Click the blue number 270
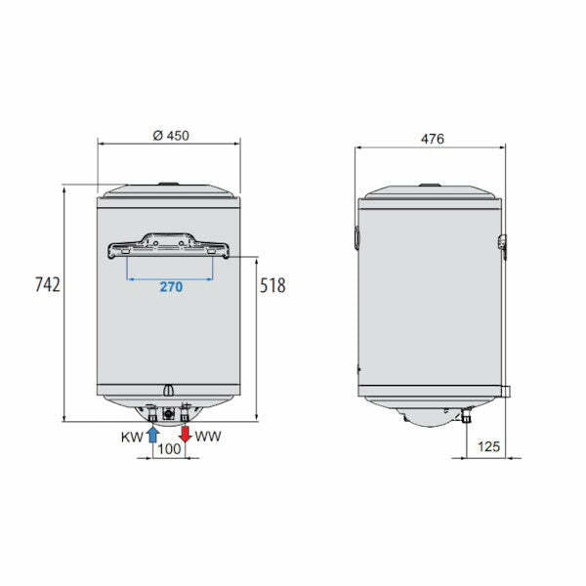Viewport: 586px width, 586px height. click(170, 288)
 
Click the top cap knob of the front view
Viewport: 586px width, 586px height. click(170, 184)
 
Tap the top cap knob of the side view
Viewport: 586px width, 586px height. click(430, 184)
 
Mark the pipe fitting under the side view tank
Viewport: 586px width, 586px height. click(465, 416)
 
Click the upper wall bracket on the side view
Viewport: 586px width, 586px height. click(503, 243)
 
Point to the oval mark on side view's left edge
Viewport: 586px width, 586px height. click(356, 236)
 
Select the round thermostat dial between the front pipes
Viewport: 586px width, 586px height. click(168, 413)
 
